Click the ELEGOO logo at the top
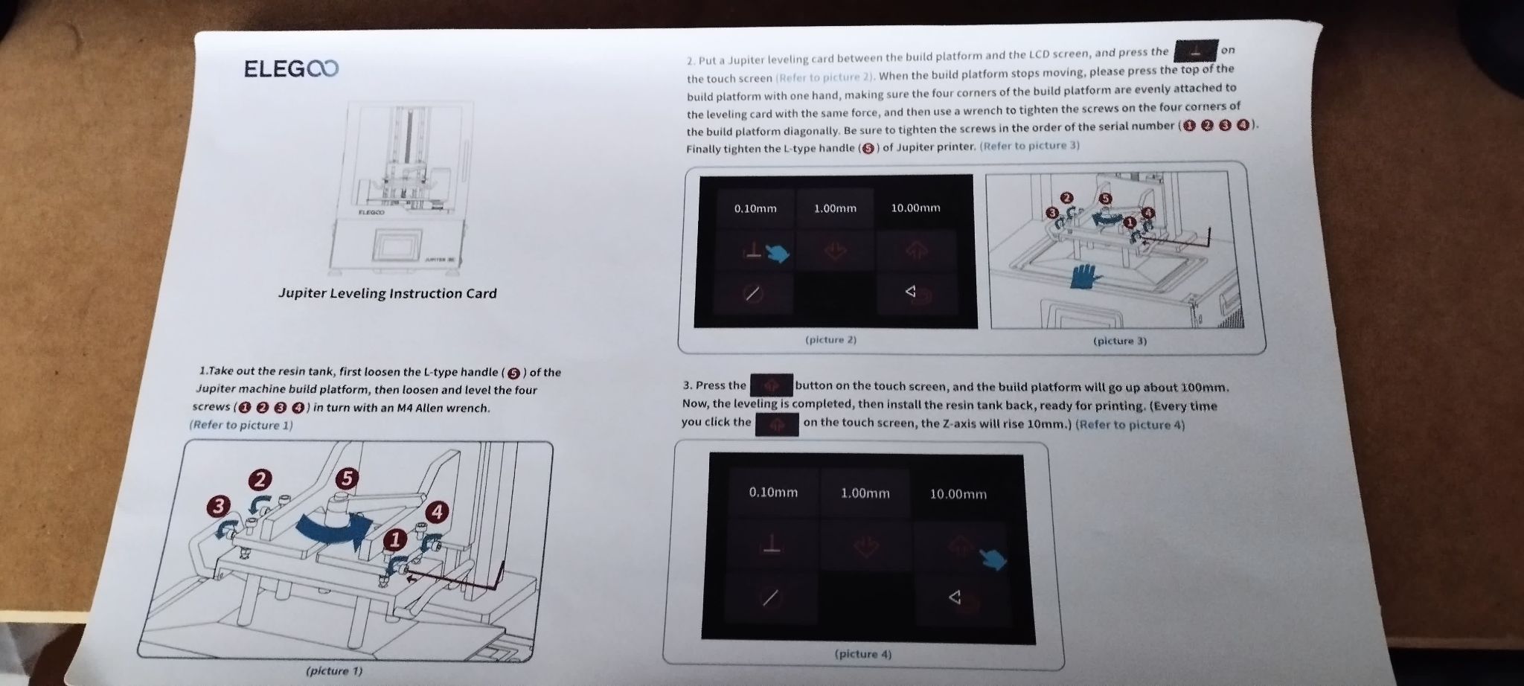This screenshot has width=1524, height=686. pyautogui.click(x=291, y=69)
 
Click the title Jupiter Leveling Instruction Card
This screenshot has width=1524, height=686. pyautogui.click(x=387, y=293)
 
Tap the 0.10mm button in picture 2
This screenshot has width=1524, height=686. pyautogui.click(x=755, y=208)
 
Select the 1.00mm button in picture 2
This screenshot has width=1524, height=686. pyautogui.click(x=835, y=208)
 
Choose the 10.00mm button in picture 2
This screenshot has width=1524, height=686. pyautogui.click(x=915, y=208)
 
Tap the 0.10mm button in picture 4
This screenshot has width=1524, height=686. pyautogui.click(x=773, y=493)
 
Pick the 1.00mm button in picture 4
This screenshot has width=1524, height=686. pyautogui.click(x=865, y=493)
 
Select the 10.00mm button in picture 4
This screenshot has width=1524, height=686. pyautogui.click(x=958, y=494)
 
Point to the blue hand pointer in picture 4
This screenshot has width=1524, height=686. pyautogui.click(x=993, y=558)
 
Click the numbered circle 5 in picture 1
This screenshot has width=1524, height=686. pyautogui.click(x=346, y=478)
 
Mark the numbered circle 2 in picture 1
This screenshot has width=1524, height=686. pyautogui.click(x=260, y=480)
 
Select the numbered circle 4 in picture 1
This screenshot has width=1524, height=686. pyautogui.click(x=437, y=513)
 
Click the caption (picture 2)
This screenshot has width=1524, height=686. pyautogui.click(x=831, y=340)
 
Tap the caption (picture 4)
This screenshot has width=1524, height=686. pyautogui.click(x=863, y=655)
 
